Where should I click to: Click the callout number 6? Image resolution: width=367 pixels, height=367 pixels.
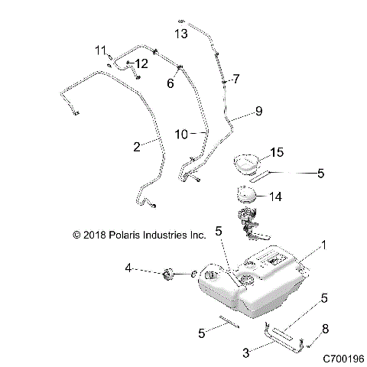[171, 82]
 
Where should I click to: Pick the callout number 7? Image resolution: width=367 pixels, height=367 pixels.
[236, 79]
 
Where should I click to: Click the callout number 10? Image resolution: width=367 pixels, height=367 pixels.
[181, 134]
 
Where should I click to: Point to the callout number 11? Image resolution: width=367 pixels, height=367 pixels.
[99, 50]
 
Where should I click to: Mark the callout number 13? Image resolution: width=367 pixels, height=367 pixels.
[180, 34]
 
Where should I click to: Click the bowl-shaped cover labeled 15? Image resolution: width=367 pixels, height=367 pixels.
[245, 164]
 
